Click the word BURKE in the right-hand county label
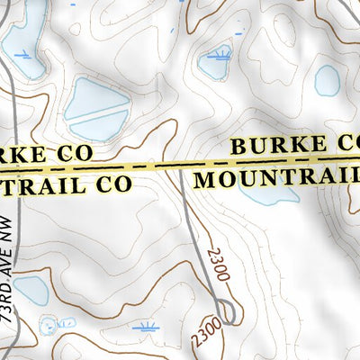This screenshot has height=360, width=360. [280, 145]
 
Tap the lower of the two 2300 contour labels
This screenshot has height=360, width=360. [205, 329]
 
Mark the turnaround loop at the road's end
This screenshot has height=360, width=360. [229, 311]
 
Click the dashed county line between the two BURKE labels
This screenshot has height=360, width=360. [180, 166]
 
